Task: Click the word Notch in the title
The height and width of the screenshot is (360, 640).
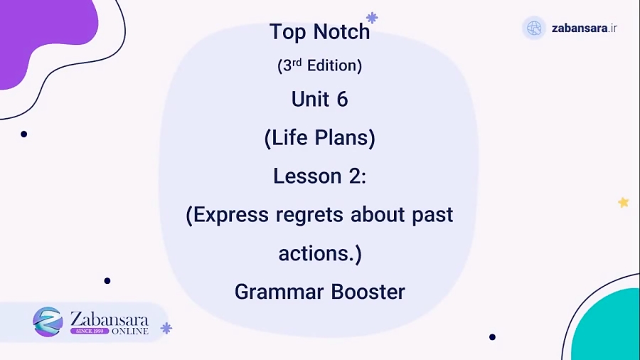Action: coord(342,32)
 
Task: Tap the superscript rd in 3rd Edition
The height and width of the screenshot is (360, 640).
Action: coord(297,62)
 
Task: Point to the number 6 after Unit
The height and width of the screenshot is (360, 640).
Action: coord(342,100)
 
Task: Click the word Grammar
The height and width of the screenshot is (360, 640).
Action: coord(277,292)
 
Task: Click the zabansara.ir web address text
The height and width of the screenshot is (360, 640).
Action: coord(584,28)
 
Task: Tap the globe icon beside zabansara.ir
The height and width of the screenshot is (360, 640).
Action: coord(533,28)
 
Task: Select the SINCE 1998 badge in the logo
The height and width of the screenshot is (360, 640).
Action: coord(89,331)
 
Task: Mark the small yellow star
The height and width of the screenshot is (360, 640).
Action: coord(624,203)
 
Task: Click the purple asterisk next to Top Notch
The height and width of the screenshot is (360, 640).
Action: coord(371,18)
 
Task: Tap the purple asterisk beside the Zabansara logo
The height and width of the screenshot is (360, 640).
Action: coord(166,328)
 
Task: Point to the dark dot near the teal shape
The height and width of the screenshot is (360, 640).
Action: coord(492,337)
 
